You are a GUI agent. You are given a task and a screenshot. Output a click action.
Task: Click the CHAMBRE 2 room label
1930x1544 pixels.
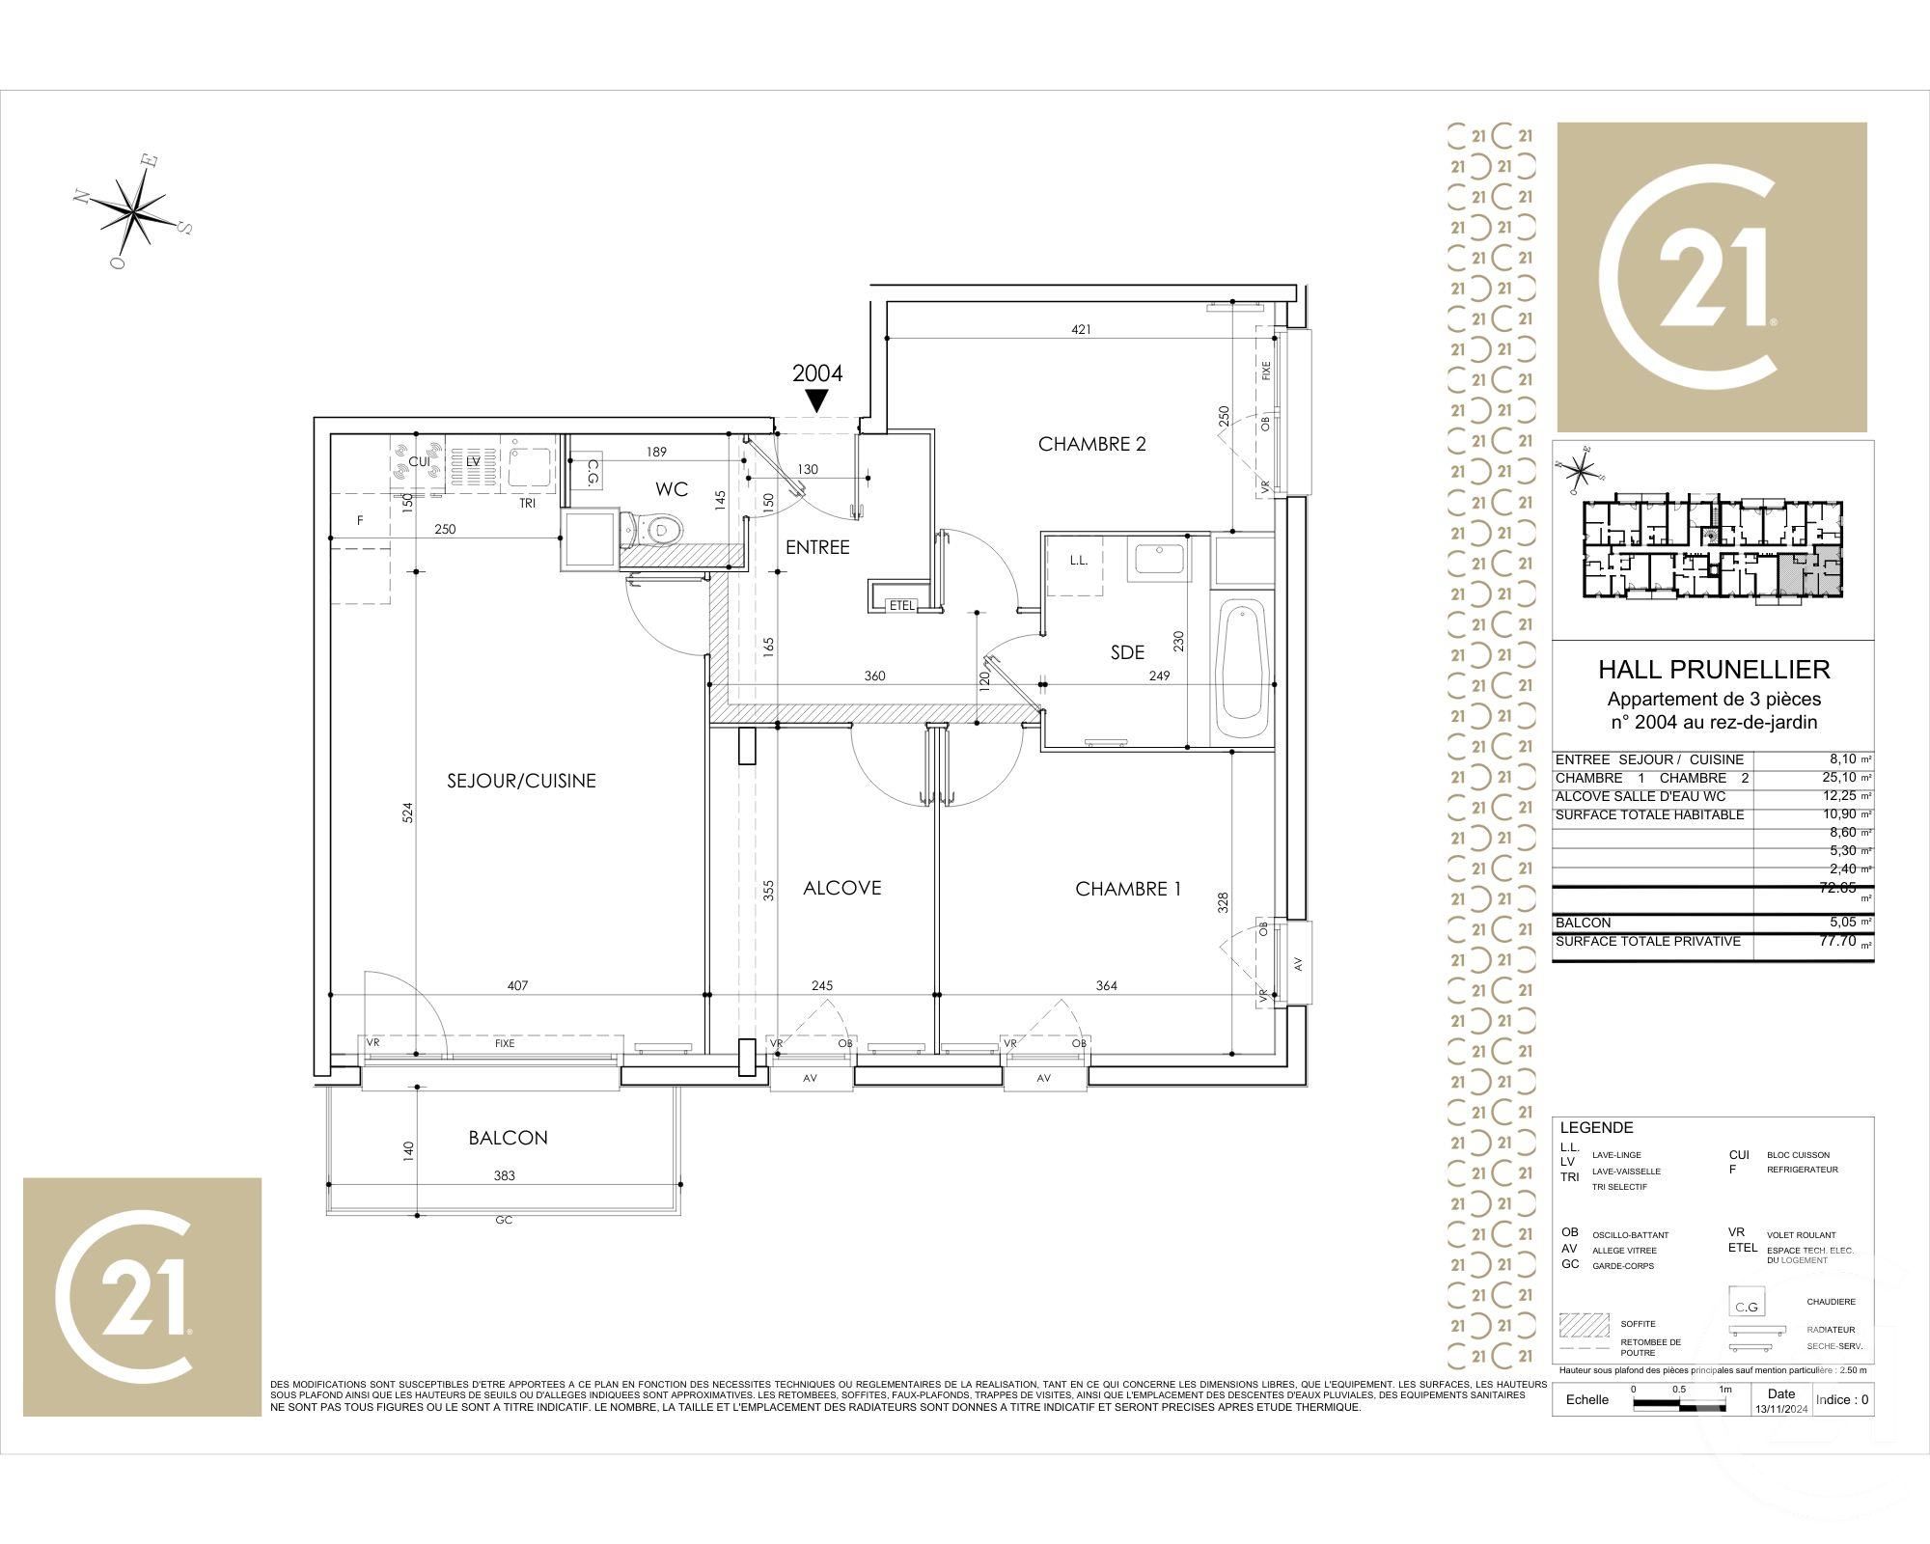1091,444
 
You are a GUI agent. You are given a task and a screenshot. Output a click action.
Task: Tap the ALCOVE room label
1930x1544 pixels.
841,888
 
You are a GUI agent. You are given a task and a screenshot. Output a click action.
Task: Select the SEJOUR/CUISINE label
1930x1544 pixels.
521,781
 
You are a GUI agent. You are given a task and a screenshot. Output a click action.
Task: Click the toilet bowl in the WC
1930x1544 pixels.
661,529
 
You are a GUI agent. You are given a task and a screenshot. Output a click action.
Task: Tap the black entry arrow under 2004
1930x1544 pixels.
817,400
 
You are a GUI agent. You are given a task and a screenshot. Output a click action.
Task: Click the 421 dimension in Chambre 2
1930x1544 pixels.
1081,329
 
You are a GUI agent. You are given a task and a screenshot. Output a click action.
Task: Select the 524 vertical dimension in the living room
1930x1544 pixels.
407,812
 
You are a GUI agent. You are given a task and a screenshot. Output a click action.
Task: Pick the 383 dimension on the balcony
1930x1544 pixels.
504,1175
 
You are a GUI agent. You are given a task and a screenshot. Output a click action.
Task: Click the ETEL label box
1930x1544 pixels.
901,605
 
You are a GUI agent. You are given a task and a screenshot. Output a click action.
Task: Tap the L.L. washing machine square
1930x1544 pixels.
1079,561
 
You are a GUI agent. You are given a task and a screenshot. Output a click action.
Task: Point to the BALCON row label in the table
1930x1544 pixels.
1583,923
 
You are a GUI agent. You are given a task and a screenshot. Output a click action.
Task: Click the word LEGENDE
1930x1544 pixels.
1596,1127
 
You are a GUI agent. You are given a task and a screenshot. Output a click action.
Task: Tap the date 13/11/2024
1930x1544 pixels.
1781,1409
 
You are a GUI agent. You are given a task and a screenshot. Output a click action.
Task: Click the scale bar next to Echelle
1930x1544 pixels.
1679,1407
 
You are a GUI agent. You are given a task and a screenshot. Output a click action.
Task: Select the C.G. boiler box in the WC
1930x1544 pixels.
593,474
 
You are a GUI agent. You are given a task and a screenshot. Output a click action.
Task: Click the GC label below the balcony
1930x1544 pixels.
504,1220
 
